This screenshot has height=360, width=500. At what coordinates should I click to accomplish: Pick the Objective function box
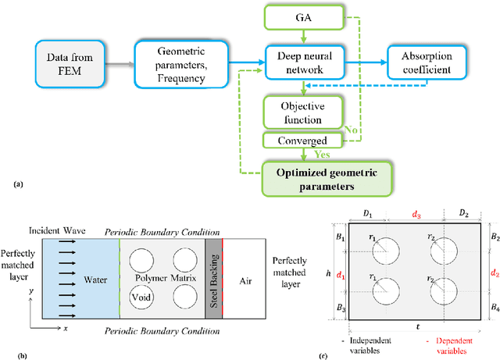pyautogui.click(x=302, y=112)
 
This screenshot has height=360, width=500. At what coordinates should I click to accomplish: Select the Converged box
pyautogui.click(x=302, y=141)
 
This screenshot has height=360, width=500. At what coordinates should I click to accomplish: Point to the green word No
pyautogui.click(x=351, y=131)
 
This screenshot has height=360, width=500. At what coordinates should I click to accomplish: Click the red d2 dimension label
pyautogui.click(x=493, y=273)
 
